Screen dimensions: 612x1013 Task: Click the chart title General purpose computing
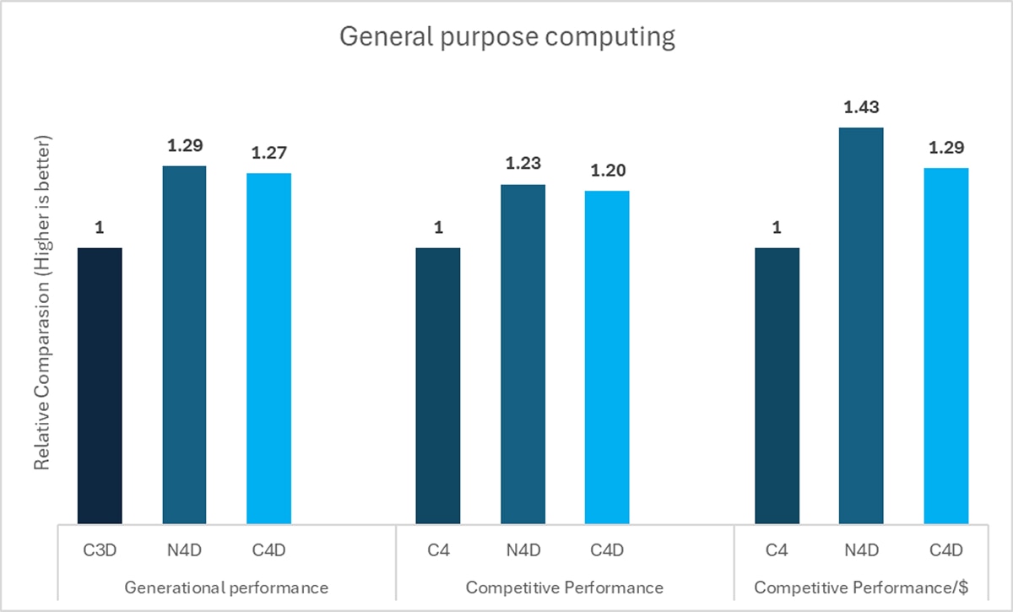point(506,38)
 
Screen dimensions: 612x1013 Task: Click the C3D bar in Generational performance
point(100,385)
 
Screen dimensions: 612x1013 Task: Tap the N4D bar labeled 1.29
point(184,344)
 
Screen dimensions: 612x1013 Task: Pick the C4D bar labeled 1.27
point(268,348)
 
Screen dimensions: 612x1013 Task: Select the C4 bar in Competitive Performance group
point(438,385)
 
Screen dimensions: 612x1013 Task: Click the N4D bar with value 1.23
point(523,354)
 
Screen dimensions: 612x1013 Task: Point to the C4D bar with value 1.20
point(607,357)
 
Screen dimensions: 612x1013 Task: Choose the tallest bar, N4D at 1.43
point(861,326)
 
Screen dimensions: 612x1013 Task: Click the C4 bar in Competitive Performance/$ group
point(777,385)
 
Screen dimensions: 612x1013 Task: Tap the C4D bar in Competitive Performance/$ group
point(945,345)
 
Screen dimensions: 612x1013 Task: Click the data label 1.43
point(861,108)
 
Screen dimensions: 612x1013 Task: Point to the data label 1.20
point(607,171)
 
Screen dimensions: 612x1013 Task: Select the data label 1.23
point(523,164)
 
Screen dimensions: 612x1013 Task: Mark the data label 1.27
point(268,153)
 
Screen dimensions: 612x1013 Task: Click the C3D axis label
point(100,550)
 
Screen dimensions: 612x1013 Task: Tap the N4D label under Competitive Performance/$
point(861,550)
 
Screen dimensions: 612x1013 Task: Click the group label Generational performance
point(225,587)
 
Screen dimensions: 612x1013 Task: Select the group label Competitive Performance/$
point(860,587)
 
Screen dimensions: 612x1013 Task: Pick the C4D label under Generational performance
point(268,550)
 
